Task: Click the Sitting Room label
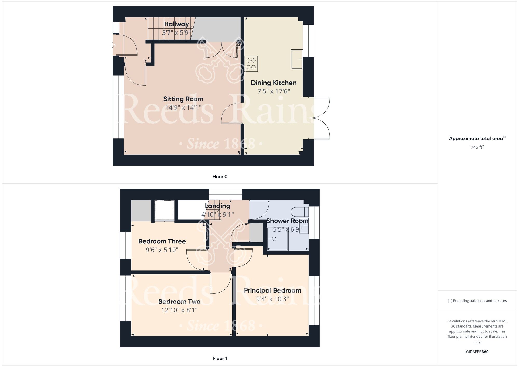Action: (x=183, y=99)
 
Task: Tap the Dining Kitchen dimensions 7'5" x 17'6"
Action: (x=274, y=91)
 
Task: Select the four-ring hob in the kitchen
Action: (x=251, y=64)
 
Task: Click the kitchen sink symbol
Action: (x=297, y=59)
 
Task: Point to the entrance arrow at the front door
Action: (x=113, y=45)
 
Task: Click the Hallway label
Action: (x=176, y=24)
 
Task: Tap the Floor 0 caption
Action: (x=220, y=177)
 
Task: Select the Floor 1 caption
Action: (x=220, y=358)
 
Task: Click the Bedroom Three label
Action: (x=162, y=241)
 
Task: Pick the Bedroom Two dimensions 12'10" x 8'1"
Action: (x=179, y=310)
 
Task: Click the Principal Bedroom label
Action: (x=272, y=290)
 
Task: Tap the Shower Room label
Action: (x=287, y=221)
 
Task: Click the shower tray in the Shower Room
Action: (x=277, y=239)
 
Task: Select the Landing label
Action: (x=217, y=206)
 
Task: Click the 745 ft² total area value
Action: (x=477, y=147)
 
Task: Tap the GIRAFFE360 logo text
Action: (x=477, y=352)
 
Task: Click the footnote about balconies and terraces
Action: (x=477, y=301)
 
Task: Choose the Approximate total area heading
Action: (x=477, y=138)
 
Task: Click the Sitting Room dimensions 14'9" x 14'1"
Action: (x=183, y=107)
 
